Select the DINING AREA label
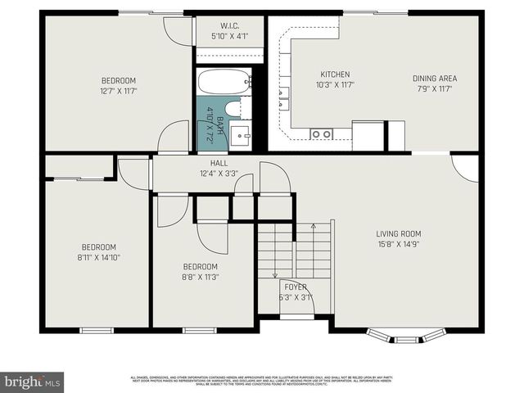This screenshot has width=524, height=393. click(x=434, y=79)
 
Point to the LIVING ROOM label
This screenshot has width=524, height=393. click(x=398, y=233)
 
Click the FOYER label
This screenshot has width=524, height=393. click(x=296, y=287)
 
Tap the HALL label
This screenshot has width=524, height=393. click(x=219, y=164)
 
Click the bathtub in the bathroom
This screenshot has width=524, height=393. click(x=224, y=82)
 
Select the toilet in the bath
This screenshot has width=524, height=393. click(x=232, y=109)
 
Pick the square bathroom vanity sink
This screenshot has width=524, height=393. click(x=241, y=135)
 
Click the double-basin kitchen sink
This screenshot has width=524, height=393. click(x=320, y=133)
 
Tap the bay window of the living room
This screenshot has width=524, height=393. click(x=406, y=335)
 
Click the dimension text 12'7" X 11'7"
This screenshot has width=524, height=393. click(x=118, y=91)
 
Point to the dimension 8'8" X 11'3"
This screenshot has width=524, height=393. click(x=200, y=278)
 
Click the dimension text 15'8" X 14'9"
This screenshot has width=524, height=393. click(x=398, y=243)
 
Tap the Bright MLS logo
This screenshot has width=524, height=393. click(x=33, y=382)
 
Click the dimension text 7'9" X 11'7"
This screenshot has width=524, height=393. click(x=434, y=89)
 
